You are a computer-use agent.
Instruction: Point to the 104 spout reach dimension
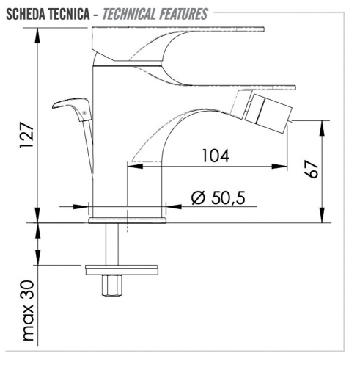(214, 156)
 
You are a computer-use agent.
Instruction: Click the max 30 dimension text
(29, 310)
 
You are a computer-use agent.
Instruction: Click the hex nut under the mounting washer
(114, 286)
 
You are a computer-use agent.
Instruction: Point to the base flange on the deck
(128, 219)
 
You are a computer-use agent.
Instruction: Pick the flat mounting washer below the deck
(122, 269)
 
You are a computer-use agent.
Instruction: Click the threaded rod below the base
(114, 242)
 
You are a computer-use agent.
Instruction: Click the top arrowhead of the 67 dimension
(320, 125)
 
